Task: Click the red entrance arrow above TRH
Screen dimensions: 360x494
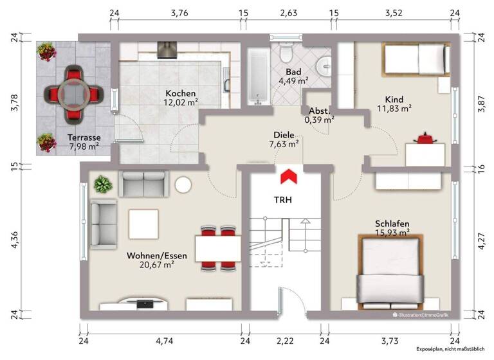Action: (x=288, y=175)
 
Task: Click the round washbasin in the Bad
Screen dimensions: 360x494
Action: (x=325, y=64)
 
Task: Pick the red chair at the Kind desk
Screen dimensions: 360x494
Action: (x=425, y=138)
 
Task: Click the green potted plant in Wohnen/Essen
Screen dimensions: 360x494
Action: (x=102, y=185)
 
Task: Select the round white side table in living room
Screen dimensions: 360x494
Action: (x=183, y=185)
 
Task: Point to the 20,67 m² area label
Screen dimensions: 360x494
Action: (x=157, y=264)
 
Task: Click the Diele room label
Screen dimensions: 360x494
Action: (x=284, y=136)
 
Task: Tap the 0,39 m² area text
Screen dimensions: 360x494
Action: (x=320, y=120)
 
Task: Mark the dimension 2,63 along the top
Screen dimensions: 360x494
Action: (x=288, y=12)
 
